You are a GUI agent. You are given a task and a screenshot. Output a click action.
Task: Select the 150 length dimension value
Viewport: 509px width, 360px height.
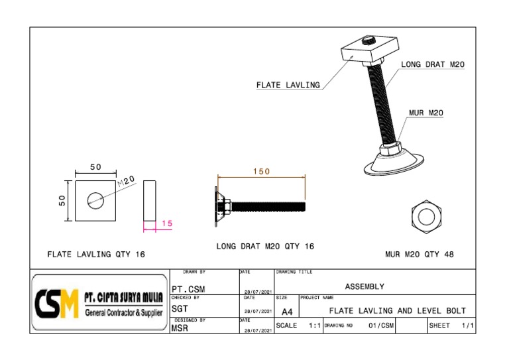tap(262, 171)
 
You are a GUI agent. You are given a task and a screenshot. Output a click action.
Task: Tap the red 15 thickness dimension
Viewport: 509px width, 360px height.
tap(166, 224)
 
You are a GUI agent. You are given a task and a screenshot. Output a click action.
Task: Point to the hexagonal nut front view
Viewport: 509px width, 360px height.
tap(423, 215)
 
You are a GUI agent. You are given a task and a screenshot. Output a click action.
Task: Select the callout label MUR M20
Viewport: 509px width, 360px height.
tap(425, 113)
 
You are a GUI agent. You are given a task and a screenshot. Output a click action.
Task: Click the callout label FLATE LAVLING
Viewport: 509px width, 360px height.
tap(288, 85)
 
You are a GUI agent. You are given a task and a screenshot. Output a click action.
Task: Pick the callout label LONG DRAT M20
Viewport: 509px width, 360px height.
tap(433, 64)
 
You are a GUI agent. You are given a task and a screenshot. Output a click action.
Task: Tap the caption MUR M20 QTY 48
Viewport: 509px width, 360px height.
tap(419, 254)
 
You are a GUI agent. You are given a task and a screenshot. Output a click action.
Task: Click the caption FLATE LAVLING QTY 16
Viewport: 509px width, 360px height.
tap(96, 254)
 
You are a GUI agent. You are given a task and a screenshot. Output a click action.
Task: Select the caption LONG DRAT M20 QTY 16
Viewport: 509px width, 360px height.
tap(265, 246)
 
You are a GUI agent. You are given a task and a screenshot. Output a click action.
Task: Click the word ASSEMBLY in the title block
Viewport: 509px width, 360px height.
tap(365, 286)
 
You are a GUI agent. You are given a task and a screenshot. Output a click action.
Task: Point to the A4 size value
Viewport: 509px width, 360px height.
tap(286, 311)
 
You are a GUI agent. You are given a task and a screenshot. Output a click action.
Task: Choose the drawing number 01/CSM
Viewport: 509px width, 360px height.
tap(381, 326)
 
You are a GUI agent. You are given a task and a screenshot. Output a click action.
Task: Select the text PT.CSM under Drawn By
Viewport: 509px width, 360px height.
tap(187, 289)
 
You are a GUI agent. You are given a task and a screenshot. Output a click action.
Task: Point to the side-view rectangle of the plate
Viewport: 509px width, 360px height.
tap(149, 200)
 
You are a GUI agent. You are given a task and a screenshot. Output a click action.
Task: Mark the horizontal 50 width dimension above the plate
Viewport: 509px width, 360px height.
tap(96, 167)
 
